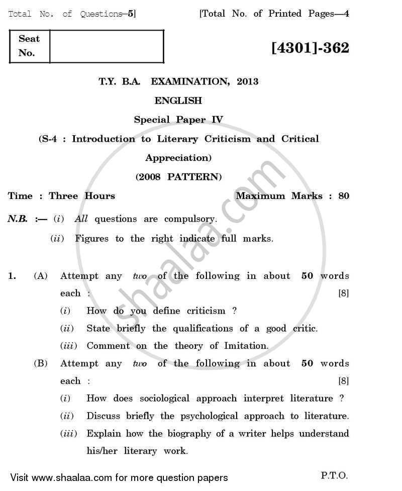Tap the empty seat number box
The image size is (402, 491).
pyautogui.click(x=107, y=46)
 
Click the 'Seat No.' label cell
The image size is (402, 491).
pyautogui.click(x=29, y=46)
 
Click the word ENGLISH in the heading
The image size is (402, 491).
pyautogui.click(x=178, y=101)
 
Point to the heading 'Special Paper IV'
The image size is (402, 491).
pyautogui.click(x=178, y=120)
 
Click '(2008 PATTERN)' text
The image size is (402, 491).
pyautogui.click(x=178, y=177)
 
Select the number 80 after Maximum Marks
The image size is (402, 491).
pyautogui.click(x=344, y=196)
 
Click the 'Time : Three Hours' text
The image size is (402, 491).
pyautogui.click(x=62, y=196)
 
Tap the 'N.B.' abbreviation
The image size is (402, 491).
pyautogui.click(x=18, y=219)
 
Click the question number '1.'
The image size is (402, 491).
pyautogui.click(x=13, y=276)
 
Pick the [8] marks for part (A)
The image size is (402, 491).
pyautogui.click(x=344, y=293)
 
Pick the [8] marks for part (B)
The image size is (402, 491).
pyautogui.click(x=344, y=381)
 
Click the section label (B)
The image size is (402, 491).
pyautogui.click(x=41, y=363)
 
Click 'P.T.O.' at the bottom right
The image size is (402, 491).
pyautogui.click(x=333, y=475)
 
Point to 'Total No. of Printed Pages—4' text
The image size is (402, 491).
pyautogui.click(x=274, y=14)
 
